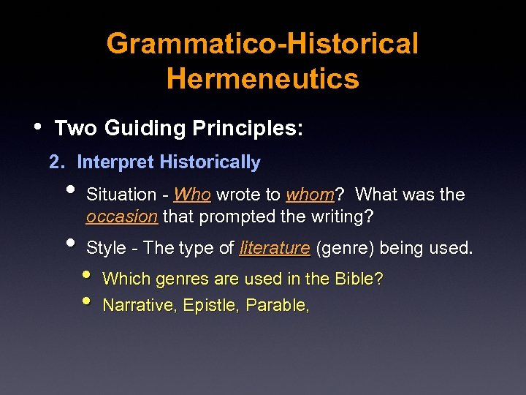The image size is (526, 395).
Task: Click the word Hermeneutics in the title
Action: (x=262, y=78)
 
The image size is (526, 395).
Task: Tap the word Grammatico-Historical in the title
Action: (x=262, y=44)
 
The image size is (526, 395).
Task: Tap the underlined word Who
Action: (x=193, y=195)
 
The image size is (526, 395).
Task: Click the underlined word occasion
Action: (x=121, y=217)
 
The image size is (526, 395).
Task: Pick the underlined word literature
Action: (x=275, y=249)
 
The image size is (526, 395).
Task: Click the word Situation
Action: (x=121, y=195)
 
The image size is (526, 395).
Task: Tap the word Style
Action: (x=107, y=249)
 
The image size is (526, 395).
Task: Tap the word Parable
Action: (x=278, y=305)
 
